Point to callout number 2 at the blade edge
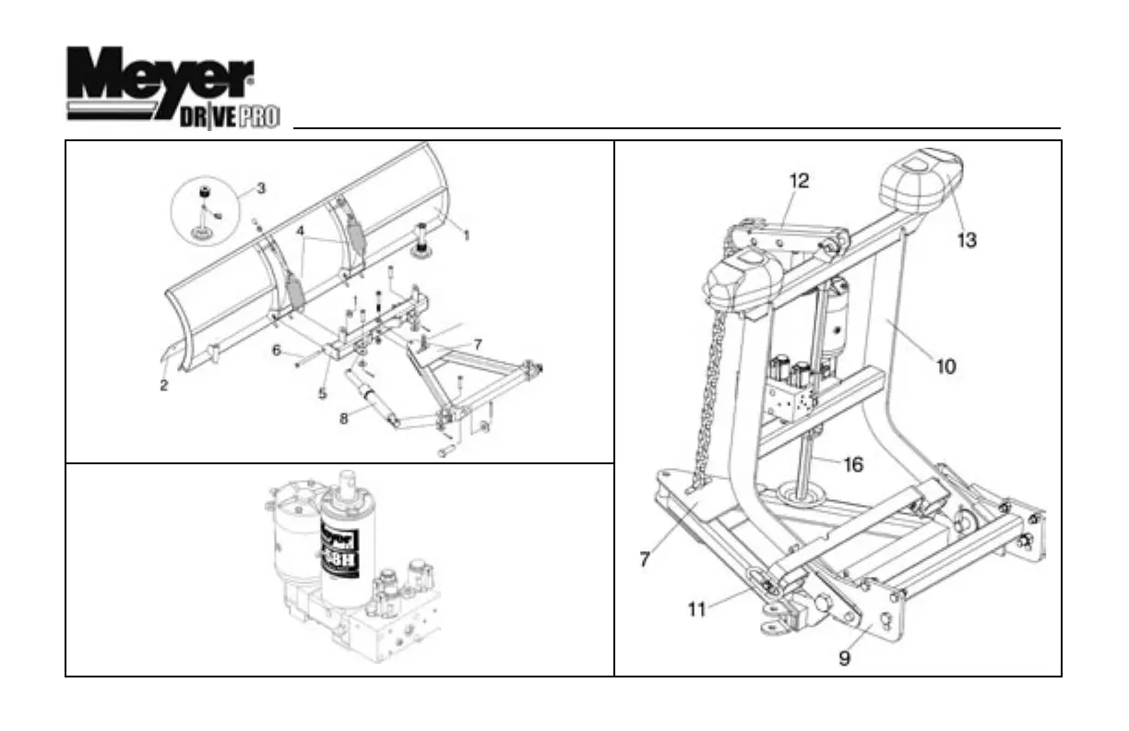(163, 386)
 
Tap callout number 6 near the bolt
(276, 350)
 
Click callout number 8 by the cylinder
(343, 418)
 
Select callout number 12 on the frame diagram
(799, 181)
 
